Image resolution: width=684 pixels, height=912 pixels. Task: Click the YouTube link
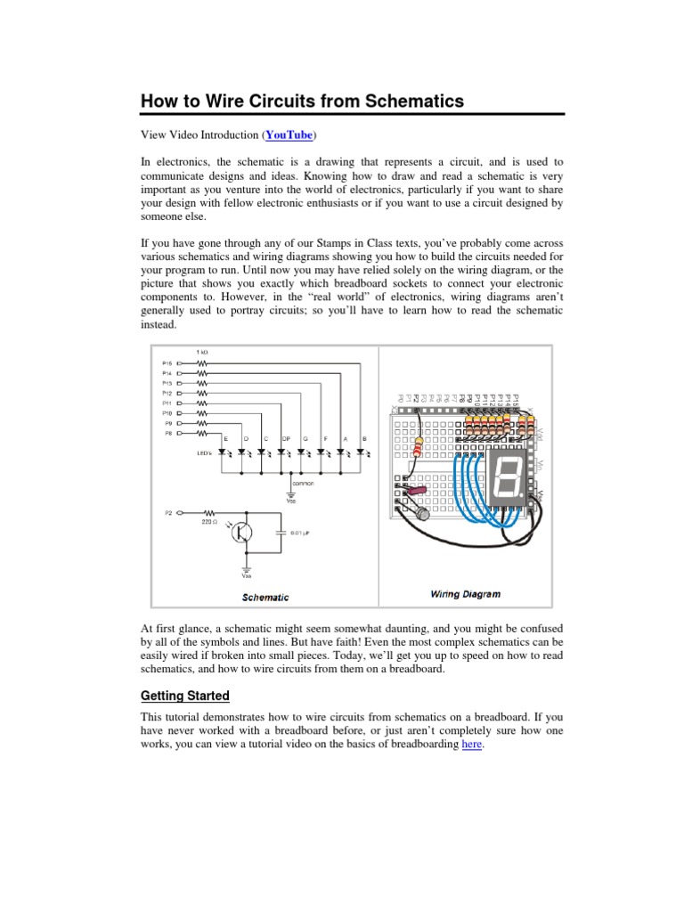288,135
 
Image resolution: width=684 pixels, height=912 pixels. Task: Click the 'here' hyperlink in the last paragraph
471,745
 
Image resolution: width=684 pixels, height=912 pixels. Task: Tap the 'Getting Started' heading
184,696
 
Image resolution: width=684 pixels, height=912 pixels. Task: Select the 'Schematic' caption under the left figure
265,598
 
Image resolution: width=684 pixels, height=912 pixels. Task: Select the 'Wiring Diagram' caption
466,593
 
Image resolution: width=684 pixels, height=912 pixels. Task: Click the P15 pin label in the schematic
167,363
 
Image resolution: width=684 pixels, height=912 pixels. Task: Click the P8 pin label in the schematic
167,433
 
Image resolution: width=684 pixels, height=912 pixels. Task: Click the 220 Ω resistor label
208,524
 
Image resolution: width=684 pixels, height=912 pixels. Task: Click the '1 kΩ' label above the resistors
202,353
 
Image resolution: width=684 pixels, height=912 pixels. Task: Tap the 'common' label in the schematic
290,484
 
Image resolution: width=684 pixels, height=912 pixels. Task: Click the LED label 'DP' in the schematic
285,440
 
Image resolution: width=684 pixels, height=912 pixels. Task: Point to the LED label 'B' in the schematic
364,440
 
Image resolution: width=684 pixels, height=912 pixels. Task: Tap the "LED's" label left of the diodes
204,453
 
